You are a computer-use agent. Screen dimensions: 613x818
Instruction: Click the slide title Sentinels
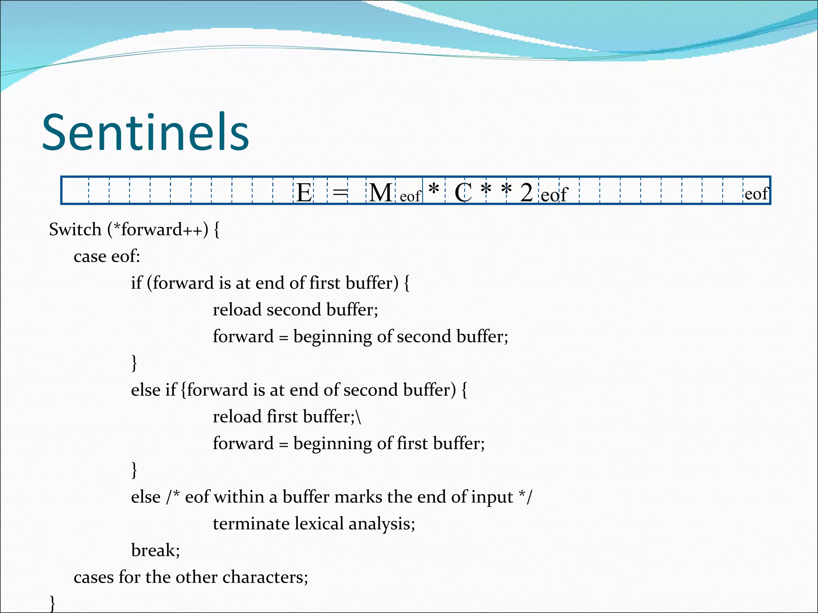point(145,132)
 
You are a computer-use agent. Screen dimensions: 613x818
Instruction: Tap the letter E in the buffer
point(304,193)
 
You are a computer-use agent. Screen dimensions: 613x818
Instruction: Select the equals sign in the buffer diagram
point(340,193)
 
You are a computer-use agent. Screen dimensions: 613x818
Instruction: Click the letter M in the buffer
point(380,193)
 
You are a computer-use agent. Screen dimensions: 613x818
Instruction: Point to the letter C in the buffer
point(463,193)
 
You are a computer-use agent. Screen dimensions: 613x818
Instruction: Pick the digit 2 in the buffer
point(526,193)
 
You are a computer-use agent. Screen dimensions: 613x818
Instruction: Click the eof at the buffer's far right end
point(756,194)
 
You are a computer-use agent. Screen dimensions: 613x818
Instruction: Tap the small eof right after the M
point(410,196)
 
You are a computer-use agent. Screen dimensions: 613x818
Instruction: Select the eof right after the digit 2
point(554,195)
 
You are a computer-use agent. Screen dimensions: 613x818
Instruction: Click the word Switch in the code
point(75,230)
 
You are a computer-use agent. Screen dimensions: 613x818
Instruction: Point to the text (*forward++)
point(157,230)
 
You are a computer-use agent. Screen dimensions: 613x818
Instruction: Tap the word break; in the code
point(155,551)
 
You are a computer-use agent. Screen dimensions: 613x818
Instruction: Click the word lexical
point(319,524)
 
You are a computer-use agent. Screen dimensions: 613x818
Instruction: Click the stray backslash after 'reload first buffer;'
point(358,417)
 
